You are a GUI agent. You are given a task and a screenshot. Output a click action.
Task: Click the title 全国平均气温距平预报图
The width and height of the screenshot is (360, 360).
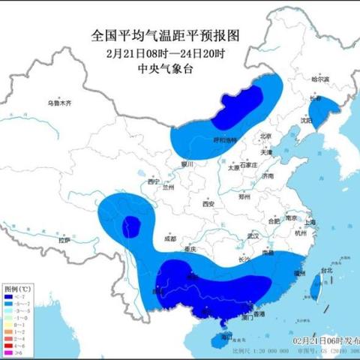pyautogui.click(x=163, y=34)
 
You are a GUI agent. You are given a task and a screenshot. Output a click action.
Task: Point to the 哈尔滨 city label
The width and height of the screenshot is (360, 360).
pyautogui.click(x=320, y=78)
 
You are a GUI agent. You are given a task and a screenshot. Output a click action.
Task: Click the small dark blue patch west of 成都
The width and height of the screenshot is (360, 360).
pyautogui.click(x=132, y=223)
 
